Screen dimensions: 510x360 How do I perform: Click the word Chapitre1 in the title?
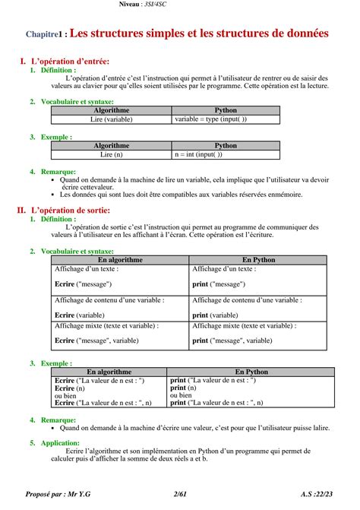tap(46, 34)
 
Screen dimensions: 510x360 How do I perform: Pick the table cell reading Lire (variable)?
tap(111, 119)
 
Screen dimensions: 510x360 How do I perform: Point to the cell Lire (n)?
tap(111, 154)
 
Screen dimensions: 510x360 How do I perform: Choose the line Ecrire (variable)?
tap(80, 315)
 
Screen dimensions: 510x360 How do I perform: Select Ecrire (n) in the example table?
tap(69, 388)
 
